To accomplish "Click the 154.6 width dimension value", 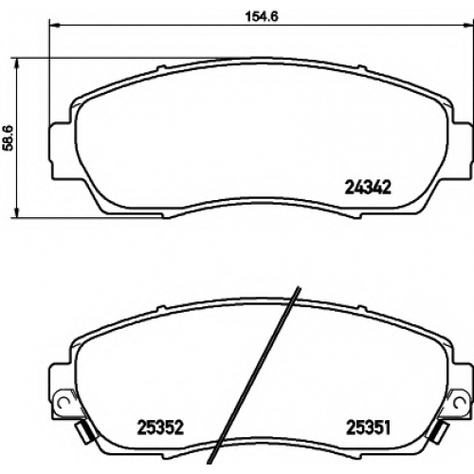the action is point(262,16).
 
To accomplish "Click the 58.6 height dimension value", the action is point(9,137).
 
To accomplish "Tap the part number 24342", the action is point(368,188).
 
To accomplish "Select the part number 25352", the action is point(160,428).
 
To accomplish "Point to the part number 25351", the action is point(369,428).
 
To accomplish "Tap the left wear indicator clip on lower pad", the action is point(83,431).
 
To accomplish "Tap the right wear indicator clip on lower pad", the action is point(439,431).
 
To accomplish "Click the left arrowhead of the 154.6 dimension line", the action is point(54,25).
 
